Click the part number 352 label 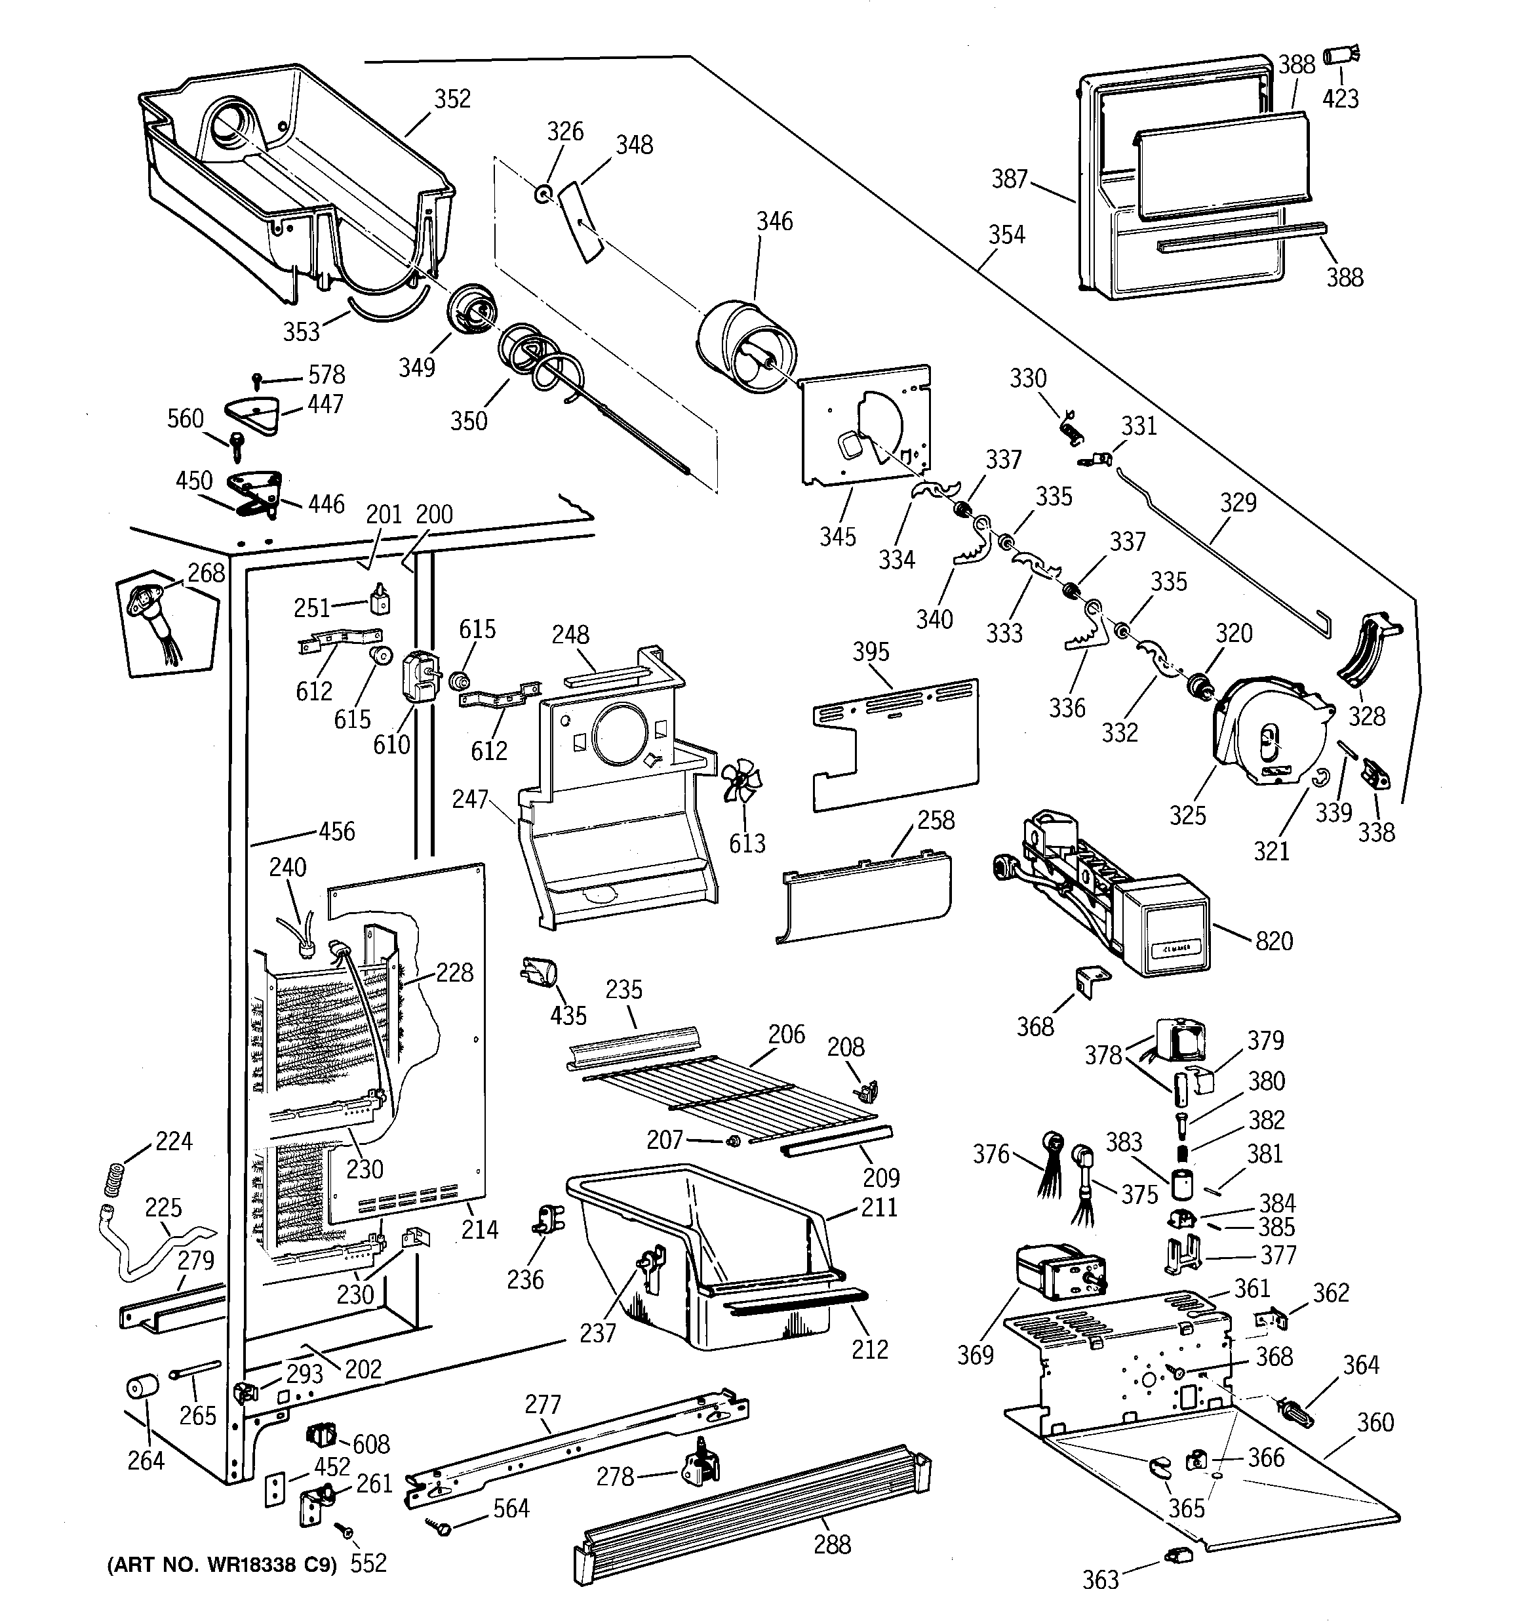pyautogui.click(x=452, y=99)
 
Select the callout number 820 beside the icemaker pyautogui.click(x=1274, y=941)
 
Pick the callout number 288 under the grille pyautogui.click(x=832, y=1544)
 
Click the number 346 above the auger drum pyautogui.click(x=774, y=221)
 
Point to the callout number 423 pyautogui.click(x=1341, y=99)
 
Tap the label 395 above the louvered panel pyautogui.click(x=871, y=651)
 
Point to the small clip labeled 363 pyautogui.click(x=1179, y=1554)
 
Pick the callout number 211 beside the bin pyautogui.click(x=879, y=1207)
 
